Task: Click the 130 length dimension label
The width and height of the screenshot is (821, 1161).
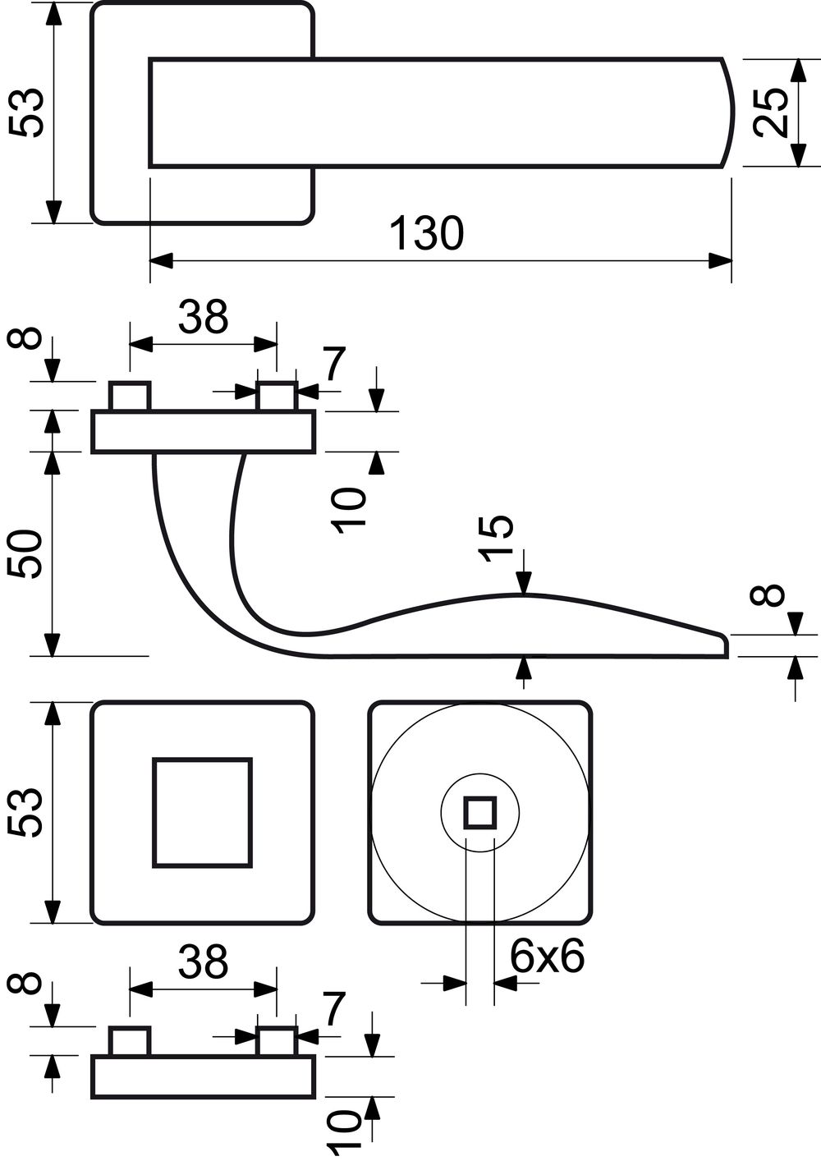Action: (x=426, y=233)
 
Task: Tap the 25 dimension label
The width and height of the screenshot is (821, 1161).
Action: (x=771, y=113)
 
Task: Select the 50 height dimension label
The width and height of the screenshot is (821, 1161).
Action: (x=24, y=554)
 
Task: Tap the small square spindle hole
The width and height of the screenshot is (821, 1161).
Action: (x=480, y=812)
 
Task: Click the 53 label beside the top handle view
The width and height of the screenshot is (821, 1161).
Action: (x=25, y=113)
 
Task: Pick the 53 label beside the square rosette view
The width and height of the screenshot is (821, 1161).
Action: (x=24, y=812)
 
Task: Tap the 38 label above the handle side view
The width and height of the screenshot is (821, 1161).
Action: (x=203, y=317)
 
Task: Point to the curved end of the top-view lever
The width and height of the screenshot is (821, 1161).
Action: (x=733, y=113)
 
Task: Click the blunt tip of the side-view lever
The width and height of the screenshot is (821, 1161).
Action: (x=727, y=645)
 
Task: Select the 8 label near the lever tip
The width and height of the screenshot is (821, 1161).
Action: (x=774, y=595)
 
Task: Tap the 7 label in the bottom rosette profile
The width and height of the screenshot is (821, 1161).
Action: (x=334, y=1007)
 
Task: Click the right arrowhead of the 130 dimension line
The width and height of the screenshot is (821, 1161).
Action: (x=721, y=261)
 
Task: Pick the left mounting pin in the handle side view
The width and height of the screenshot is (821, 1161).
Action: (x=130, y=397)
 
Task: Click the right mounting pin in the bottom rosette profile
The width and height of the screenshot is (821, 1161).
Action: (x=277, y=1041)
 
